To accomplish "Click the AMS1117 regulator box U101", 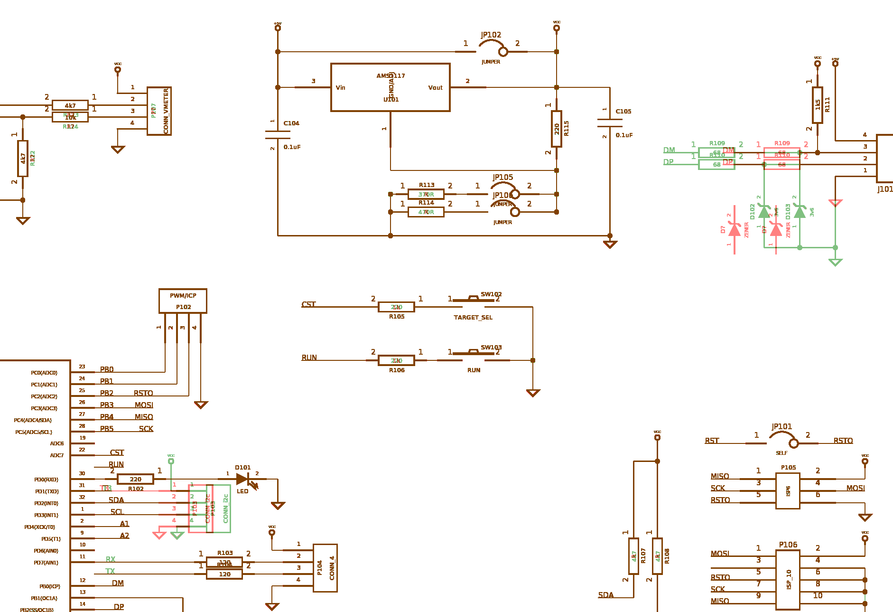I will (x=390, y=87).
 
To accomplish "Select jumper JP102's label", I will (x=491, y=35).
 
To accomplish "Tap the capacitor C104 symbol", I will (x=278, y=135).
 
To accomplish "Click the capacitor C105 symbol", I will (x=610, y=123).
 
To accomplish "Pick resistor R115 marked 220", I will (x=557, y=129).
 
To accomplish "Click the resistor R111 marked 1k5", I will (x=817, y=105).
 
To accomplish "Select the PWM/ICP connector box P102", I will (x=183, y=301).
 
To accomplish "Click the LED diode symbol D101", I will (x=242, y=479).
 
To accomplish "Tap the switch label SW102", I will (x=491, y=294).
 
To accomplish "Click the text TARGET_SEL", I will (x=473, y=317).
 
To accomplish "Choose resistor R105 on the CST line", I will (x=396, y=307).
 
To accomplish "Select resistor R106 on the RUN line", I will (x=396, y=360).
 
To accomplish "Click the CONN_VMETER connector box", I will (x=159, y=111).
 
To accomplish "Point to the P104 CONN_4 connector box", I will (x=325, y=568).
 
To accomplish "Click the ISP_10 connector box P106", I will (x=788, y=580).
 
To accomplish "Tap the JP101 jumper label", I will (x=781, y=426).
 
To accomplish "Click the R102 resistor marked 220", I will (x=135, y=479).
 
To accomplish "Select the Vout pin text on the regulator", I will (x=435, y=87).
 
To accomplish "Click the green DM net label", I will (x=669, y=150).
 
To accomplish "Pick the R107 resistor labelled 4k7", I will (x=633, y=556).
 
